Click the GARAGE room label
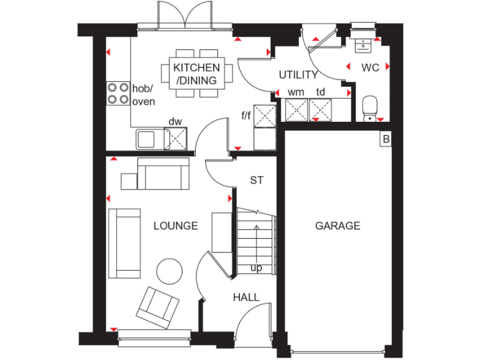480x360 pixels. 337,226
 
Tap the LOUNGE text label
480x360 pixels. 176,226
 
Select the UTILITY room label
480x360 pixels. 298,75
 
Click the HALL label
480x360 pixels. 246,297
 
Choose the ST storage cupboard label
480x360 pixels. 256,181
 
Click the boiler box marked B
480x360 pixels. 386,139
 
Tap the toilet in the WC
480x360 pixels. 369,107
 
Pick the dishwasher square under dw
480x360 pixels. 176,138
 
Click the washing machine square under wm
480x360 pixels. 296,111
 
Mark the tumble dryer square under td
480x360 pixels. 322,111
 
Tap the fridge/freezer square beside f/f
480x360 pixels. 265,116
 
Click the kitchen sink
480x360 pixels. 146,138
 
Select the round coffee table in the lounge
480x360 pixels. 169,272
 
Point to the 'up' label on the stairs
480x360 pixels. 256,268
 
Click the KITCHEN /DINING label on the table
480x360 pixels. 196,74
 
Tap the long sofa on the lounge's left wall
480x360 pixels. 124,243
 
